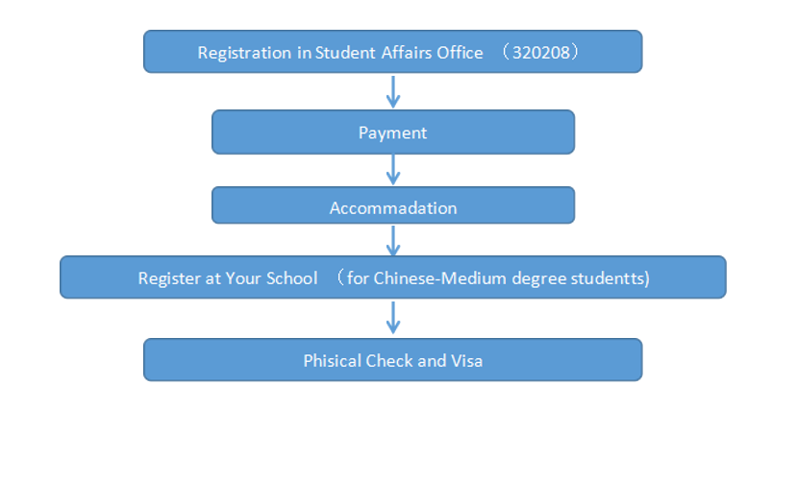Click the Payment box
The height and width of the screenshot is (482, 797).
392,133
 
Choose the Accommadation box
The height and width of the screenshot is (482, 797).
392,207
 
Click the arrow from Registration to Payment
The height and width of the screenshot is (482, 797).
392,91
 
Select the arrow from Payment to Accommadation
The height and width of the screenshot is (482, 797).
392,170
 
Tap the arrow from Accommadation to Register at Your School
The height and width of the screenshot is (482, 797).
392,240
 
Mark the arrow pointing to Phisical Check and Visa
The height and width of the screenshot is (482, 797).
392,318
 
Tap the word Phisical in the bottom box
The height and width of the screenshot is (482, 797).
332,361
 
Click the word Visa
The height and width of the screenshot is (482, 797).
466,361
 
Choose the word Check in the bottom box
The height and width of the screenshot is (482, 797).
388,361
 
